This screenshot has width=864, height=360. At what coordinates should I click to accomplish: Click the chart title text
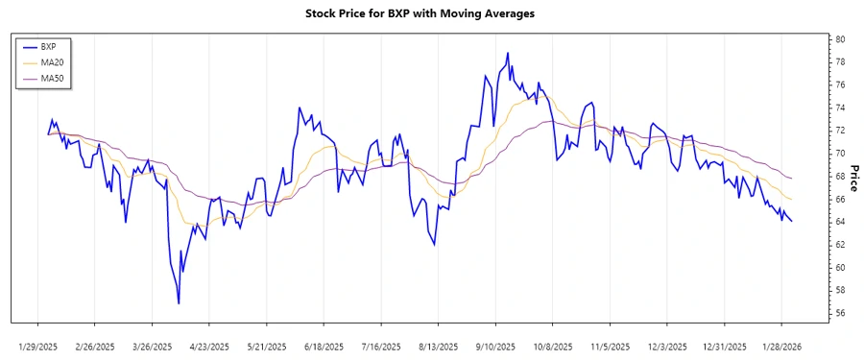(x=432, y=13)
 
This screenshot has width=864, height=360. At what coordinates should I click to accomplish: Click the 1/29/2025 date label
(x=38, y=346)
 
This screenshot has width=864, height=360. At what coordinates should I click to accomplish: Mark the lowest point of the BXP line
(x=179, y=303)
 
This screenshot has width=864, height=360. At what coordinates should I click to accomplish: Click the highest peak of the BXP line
(x=507, y=53)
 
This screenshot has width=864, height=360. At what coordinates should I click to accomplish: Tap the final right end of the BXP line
(x=792, y=222)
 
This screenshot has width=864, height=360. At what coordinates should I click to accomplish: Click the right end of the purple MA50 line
(x=792, y=179)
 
